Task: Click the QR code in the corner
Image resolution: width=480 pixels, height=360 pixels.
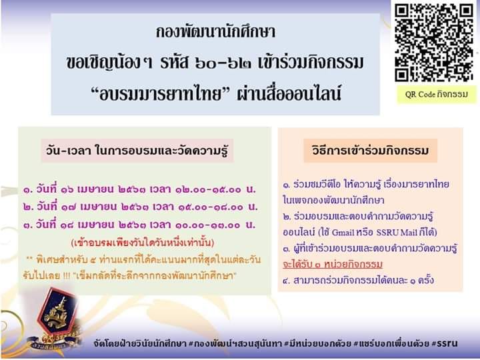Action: pyautogui.click(x=434, y=42)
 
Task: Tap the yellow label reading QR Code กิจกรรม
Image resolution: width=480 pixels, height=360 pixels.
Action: pyautogui.click(x=437, y=94)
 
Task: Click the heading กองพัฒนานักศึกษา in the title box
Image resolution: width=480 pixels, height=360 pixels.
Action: pyautogui.click(x=215, y=32)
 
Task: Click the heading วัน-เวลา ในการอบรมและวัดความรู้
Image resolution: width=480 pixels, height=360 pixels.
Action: pyautogui.click(x=137, y=151)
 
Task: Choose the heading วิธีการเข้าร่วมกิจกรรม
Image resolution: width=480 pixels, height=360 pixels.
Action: pyautogui.click(x=371, y=151)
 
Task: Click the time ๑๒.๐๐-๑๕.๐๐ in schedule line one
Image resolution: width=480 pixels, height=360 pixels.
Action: pyautogui.click(x=208, y=190)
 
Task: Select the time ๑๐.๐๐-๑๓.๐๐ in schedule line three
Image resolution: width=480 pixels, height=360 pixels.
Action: pyautogui.click(x=208, y=225)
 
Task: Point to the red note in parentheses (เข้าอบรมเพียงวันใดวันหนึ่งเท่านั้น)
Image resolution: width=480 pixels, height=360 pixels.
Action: pyautogui.click(x=143, y=243)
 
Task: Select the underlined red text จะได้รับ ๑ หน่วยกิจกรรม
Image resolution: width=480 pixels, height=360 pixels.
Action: pyautogui.click(x=333, y=264)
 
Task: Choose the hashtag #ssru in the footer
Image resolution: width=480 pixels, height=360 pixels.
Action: pyautogui.click(x=445, y=344)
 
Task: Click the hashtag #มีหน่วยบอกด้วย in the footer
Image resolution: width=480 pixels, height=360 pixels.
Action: pyautogui.click(x=317, y=344)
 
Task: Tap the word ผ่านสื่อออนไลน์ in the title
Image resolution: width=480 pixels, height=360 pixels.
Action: pyautogui.click(x=289, y=94)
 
